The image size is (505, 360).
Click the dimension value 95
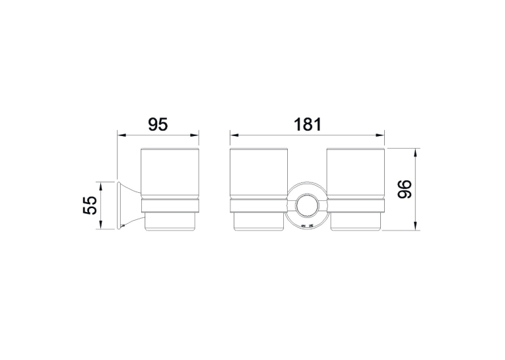click(158, 124)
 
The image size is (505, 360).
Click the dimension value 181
click(307, 124)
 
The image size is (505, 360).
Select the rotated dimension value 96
click(405, 189)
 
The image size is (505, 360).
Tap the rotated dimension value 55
click(90, 205)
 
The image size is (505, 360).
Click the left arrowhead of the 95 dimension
click(121, 135)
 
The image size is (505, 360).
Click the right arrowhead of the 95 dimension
click(195, 135)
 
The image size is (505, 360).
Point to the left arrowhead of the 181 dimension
click(234, 135)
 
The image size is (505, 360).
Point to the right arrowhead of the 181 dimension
click(381, 135)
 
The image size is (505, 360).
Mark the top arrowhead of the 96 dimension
click(416, 153)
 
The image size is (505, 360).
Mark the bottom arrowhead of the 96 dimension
click(416, 226)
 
